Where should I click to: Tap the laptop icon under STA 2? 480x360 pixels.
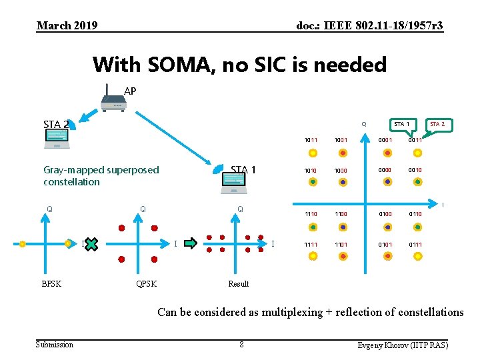[56, 139]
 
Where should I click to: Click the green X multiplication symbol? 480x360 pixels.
[91, 244]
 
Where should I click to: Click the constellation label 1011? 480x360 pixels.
[311, 141]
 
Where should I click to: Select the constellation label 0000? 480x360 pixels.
[385, 170]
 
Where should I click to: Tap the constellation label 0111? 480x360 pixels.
[415, 245]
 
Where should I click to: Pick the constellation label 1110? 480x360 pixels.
[311, 214]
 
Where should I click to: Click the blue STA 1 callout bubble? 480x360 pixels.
[401, 125]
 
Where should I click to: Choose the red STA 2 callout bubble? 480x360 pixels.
[437, 125]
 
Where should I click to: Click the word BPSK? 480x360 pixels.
[51, 284]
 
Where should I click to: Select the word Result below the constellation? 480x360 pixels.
[238, 284]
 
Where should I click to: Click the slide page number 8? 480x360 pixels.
[241, 345]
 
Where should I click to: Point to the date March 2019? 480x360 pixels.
[67, 26]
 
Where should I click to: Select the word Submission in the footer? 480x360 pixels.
[55, 345]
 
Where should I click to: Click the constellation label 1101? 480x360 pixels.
[341, 245]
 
